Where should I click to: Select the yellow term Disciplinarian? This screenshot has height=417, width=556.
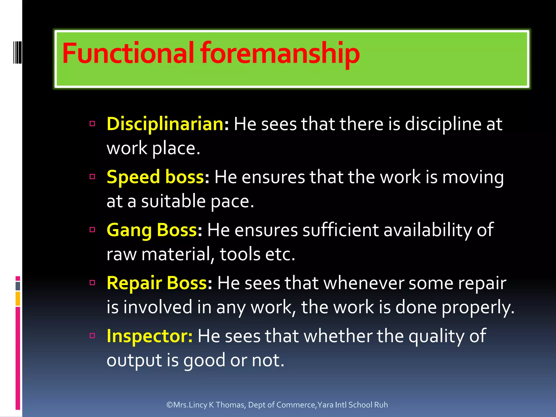[x=165, y=124]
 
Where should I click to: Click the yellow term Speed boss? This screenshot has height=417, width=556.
[x=155, y=177]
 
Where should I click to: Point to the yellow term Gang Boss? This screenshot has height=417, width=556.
[x=151, y=230]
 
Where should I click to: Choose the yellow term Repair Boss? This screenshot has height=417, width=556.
[x=157, y=283]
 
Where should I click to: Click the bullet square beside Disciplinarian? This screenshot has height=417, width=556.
[x=92, y=124]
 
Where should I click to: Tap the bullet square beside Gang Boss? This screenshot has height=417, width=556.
[x=92, y=230]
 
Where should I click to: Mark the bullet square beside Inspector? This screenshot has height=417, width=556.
[x=92, y=336]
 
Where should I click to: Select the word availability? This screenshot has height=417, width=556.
[x=428, y=230]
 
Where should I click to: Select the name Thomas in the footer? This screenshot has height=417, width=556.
[x=230, y=405]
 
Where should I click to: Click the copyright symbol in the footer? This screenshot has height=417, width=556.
[x=170, y=405]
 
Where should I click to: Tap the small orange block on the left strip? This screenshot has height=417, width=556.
[x=18, y=299]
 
